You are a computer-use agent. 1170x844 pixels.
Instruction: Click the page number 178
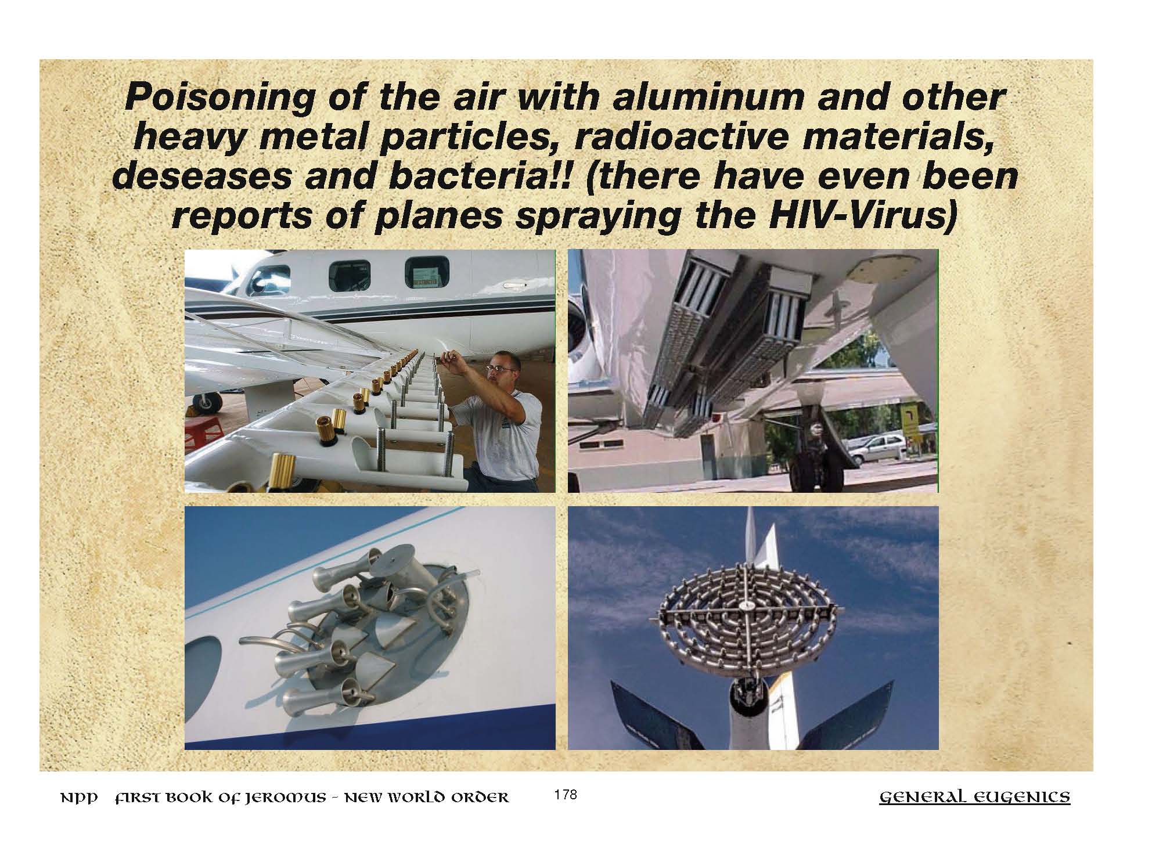[x=566, y=795]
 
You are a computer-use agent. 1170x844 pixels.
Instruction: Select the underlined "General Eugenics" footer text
[x=975, y=798]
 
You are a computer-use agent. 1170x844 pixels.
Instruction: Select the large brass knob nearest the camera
[x=285, y=472]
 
